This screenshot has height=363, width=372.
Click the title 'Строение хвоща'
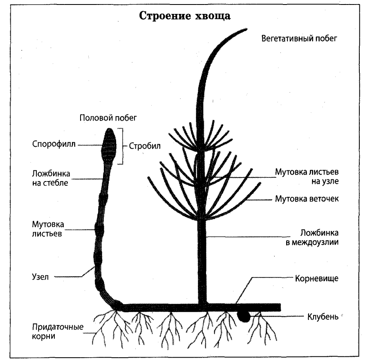pyautogui.click(x=186, y=16)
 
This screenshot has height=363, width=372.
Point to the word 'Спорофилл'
pyautogui.click(x=53, y=144)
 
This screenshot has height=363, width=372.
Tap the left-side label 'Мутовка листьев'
pyautogui.click(x=48, y=229)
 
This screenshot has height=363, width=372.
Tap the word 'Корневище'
pyautogui.click(x=316, y=279)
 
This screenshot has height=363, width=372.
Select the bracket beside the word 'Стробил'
pyautogui.click(x=121, y=146)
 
